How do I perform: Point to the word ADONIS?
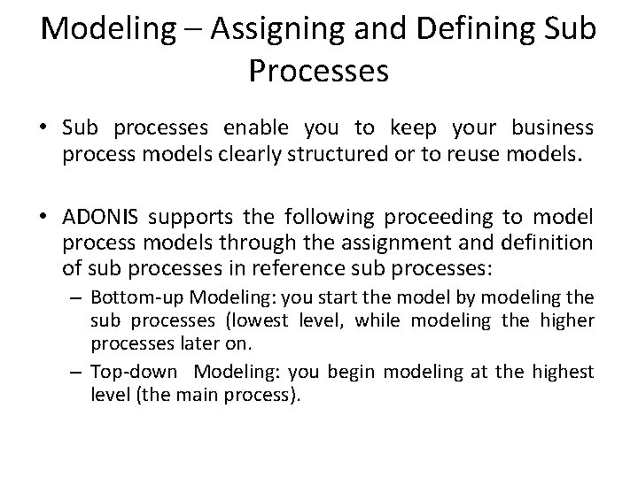click(100, 219)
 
